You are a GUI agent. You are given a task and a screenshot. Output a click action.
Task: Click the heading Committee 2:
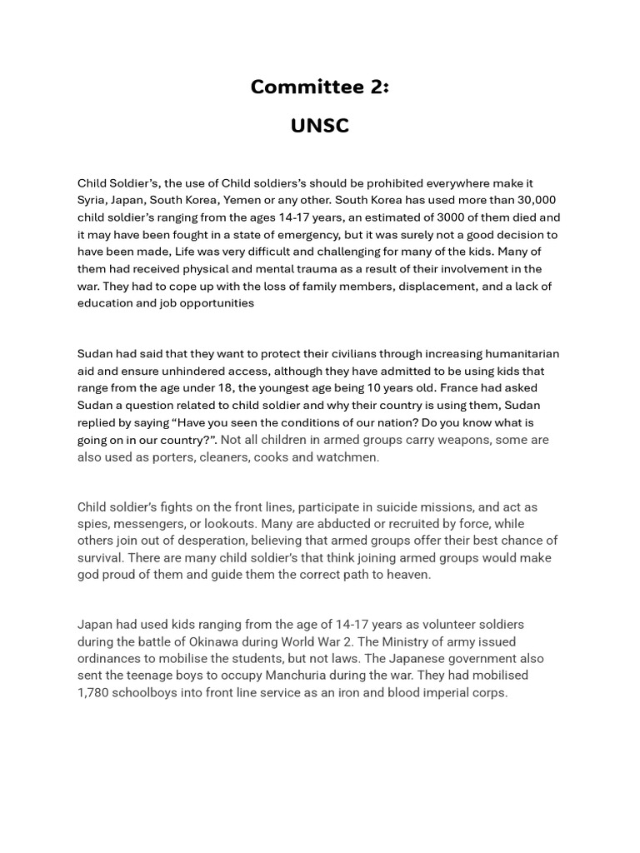point(320,87)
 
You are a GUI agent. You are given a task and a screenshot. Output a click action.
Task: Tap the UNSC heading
point(320,126)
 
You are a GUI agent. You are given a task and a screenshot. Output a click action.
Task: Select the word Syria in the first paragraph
point(94,200)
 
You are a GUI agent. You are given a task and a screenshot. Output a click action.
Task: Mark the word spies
point(93,525)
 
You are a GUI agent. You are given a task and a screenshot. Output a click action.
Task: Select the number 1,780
point(94,693)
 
